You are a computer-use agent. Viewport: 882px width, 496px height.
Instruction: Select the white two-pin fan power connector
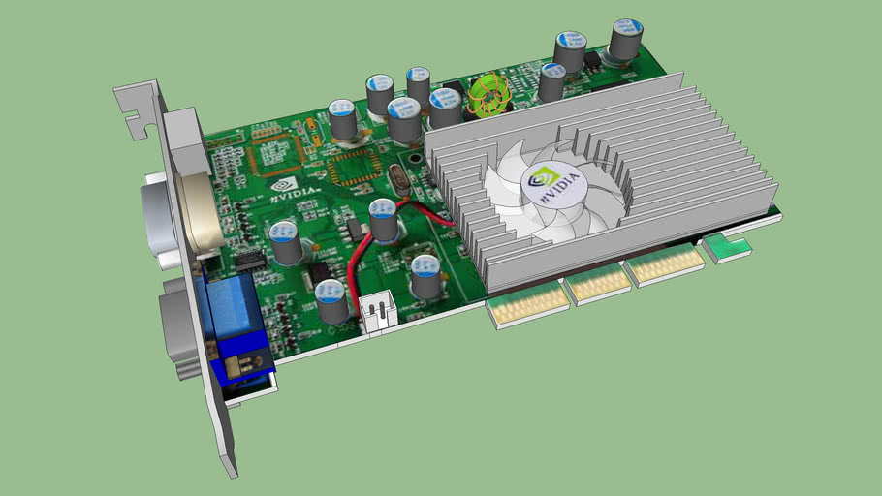coord(376,313)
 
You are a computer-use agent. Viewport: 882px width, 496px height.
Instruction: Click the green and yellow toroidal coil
coord(490,96)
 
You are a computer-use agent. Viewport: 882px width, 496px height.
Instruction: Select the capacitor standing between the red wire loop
coord(385,220)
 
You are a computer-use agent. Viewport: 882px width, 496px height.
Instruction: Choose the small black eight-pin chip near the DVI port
coord(251,260)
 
